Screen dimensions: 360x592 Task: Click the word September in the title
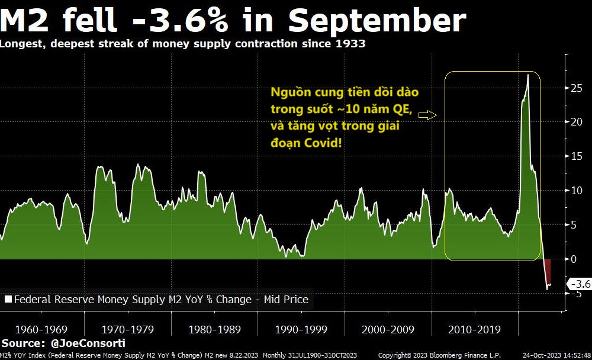(377, 21)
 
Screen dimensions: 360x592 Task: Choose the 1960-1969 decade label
(41, 329)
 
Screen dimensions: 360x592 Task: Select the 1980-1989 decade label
(215, 329)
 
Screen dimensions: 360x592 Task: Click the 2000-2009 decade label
(388, 329)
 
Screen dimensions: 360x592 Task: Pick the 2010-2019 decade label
(475, 329)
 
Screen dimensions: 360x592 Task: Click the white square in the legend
(8, 300)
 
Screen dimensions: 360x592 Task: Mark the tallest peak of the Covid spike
(527, 75)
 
